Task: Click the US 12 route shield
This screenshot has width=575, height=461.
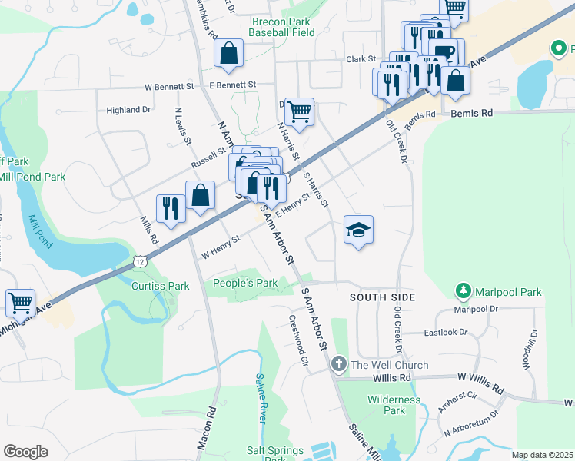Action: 139,263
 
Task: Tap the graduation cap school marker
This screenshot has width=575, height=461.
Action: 358,230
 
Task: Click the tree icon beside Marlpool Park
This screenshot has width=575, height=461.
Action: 464,291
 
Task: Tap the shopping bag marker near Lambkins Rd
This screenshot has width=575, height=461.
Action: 228,54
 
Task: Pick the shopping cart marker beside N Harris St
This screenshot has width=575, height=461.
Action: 299,112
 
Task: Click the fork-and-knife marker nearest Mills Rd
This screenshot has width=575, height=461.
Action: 170,208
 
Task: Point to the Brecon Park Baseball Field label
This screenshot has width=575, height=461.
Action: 282,28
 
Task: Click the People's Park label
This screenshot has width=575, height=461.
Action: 245,283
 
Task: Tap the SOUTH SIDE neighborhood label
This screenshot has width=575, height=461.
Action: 382,297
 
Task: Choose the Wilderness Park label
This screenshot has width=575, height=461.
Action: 394,405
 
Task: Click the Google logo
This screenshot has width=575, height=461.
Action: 25,451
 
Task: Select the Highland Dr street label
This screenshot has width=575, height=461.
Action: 128,110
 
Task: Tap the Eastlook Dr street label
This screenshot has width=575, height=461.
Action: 446,333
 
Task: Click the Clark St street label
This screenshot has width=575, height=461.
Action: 361,58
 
